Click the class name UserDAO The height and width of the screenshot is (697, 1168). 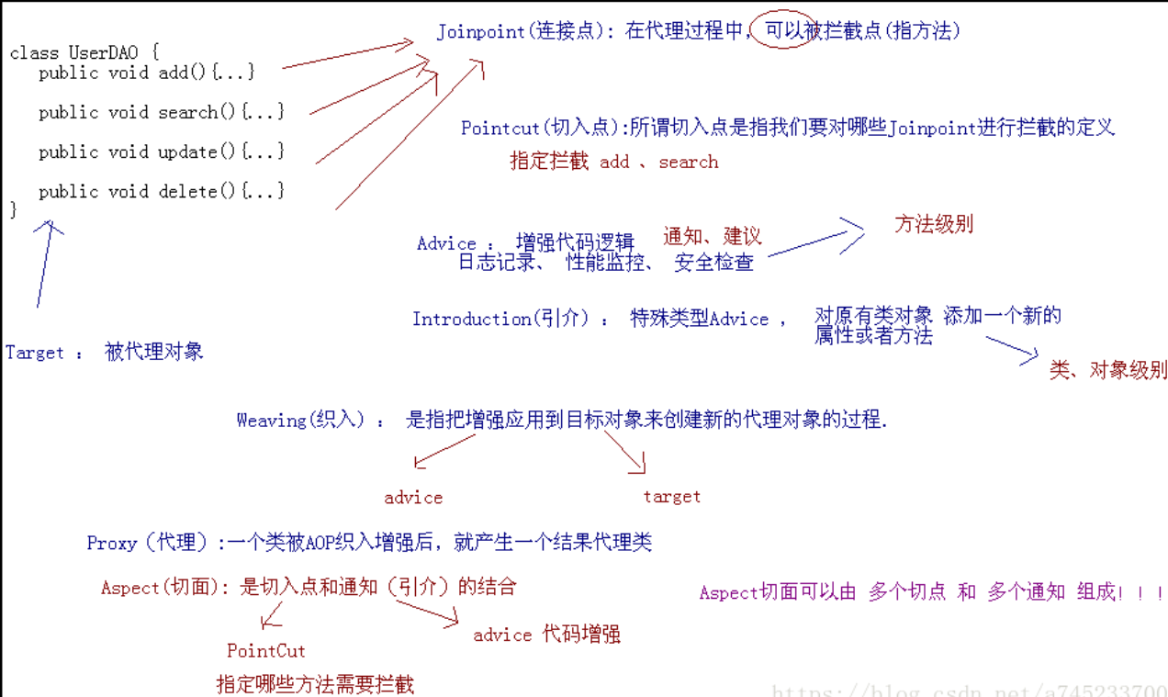[x=103, y=52]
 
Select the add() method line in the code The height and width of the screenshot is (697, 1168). [x=147, y=72]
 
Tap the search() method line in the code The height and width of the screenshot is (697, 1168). [x=161, y=111]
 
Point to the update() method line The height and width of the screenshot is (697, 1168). [x=161, y=152]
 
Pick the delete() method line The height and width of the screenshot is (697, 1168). [x=161, y=191]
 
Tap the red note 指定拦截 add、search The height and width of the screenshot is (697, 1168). [x=614, y=162]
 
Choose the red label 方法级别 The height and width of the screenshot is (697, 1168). [x=934, y=224]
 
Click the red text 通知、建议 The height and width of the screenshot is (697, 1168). [x=713, y=236]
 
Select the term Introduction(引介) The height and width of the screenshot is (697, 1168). [x=500, y=319]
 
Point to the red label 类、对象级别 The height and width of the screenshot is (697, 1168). [x=1108, y=370]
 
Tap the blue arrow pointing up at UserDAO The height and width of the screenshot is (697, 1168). [x=44, y=264]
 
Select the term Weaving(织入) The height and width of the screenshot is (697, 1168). [x=300, y=420]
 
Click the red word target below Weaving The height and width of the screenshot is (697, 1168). [x=671, y=497]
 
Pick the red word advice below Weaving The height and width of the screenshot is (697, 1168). [x=413, y=498]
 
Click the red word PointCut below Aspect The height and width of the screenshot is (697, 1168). [x=266, y=650]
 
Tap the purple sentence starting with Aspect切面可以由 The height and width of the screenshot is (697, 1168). [x=931, y=592]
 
